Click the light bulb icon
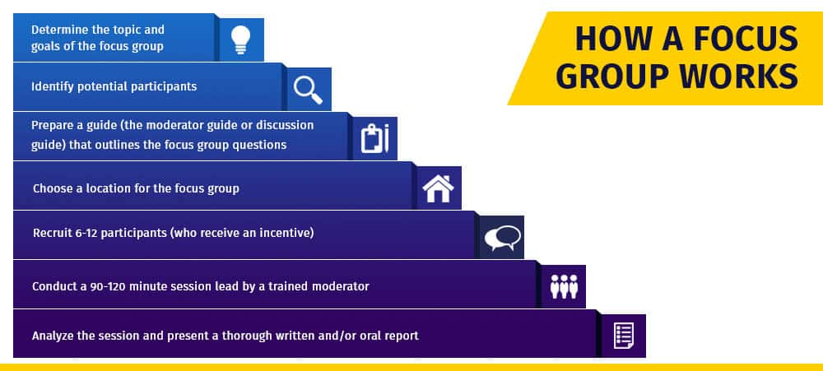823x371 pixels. click(241, 39)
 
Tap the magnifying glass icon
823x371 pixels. click(308, 90)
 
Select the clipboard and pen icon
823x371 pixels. click(374, 138)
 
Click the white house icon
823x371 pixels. click(439, 188)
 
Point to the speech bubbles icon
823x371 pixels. click(502, 238)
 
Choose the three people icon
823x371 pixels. click(564, 286)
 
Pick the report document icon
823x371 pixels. click(624, 336)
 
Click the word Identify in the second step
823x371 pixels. click(53, 86)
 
